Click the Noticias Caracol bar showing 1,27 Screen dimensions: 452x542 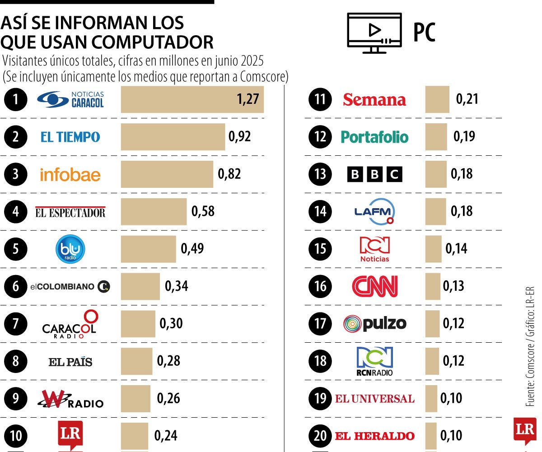(192, 99)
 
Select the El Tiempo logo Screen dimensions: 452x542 (70, 137)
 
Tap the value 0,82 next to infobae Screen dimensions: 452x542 (229, 174)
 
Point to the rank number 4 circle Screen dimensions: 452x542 (16, 211)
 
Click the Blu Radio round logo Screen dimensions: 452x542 (70, 249)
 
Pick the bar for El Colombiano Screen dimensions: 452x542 (140, 286)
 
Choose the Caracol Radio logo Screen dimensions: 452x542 (70, 324)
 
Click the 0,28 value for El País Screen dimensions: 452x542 (168, 361)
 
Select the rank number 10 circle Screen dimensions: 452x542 (16, 436)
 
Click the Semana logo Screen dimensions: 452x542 (374, 99)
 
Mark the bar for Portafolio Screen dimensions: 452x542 (436, 137)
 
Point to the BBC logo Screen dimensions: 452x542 (374, 174)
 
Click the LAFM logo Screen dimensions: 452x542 (374, 211)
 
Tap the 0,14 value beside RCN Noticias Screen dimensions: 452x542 (456, 249)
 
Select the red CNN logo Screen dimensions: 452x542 (374, 286)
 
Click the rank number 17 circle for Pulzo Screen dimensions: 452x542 (320, 324)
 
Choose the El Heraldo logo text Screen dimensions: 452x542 (374, 436)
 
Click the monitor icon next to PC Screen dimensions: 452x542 (374, 33)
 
